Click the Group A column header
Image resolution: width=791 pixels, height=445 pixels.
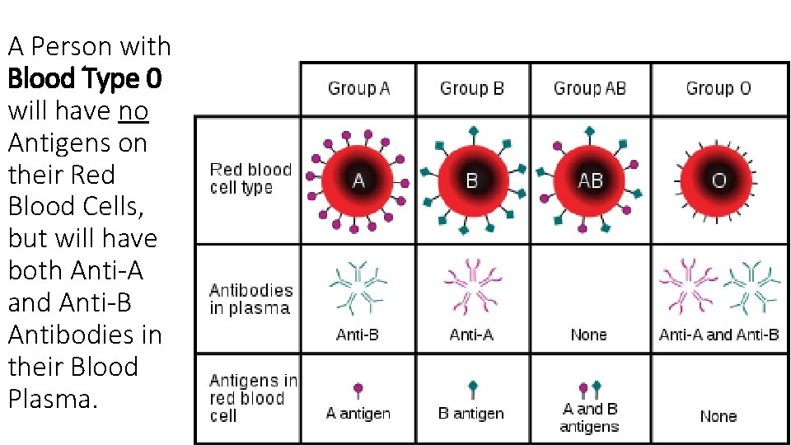click(358, 88)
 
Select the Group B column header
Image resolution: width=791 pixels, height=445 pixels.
click(471, 88)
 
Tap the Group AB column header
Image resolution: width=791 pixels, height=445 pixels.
click(589, 88)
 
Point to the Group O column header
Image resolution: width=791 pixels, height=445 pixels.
click(718, 88)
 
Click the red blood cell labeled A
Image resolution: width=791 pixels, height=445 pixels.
click(358, 180)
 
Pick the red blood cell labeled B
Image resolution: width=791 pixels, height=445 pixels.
click(471, 180)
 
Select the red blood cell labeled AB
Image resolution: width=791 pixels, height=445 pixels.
click(590, 180)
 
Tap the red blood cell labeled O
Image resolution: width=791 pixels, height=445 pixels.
click(718, 180)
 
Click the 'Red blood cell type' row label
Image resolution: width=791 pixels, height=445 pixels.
click(250, 179)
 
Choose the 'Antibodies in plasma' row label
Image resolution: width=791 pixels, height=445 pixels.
click(250, 299)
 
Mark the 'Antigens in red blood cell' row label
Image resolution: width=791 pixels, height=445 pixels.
click(252, 398)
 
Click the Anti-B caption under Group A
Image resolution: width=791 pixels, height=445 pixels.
click(358, 335)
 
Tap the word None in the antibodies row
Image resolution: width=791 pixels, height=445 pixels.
click(588, 335)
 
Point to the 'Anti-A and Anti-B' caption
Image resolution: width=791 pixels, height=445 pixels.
click(718, 335)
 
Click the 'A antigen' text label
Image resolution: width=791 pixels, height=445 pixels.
click(358, 414)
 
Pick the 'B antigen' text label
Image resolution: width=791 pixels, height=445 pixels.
click(470, 414)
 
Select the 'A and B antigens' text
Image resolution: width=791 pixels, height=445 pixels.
click(589, 418)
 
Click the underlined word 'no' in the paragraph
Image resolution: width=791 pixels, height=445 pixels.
click(133, 110)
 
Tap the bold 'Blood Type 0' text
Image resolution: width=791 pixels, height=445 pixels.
click(85, 79)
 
